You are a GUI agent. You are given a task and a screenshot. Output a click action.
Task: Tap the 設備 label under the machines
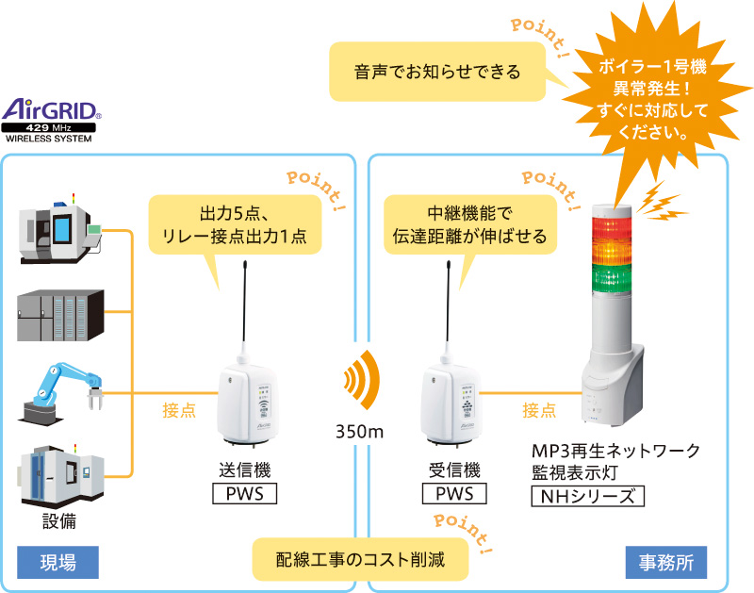[60, 520]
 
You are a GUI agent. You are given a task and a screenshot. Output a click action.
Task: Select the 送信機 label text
[244, 469]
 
